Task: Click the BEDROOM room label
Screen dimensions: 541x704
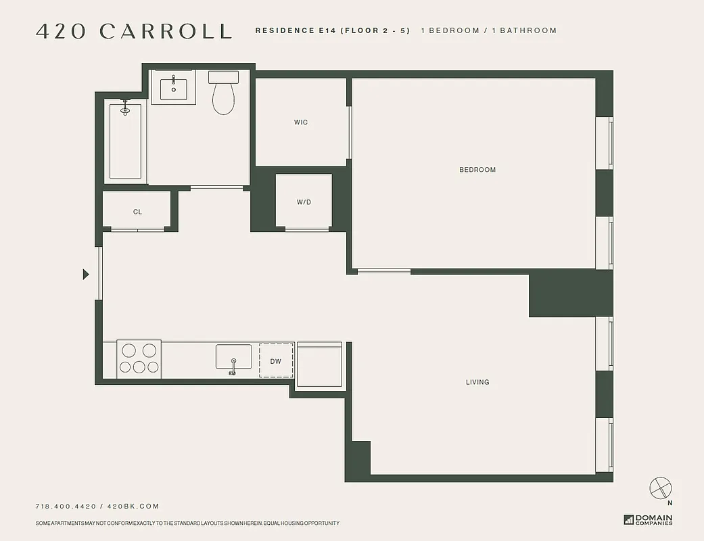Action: (477, 170)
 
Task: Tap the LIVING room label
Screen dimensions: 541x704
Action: (477, 382)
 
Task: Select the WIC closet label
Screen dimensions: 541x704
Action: (301, 122)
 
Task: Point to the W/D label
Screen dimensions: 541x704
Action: (304, 202)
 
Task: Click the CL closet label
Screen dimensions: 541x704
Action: (137, 212)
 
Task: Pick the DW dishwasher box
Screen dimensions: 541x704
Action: (276, 361)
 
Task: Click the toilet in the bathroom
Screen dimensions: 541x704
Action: (223, 93)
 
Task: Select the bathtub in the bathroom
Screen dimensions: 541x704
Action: (125, 141)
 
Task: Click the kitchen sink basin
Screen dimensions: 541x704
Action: (233, 357)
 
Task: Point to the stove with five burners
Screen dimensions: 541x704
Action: (139, 359)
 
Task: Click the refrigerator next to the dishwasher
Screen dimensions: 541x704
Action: (319, 364)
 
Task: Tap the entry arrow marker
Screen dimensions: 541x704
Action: (86, 274)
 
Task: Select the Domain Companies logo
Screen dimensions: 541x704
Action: (648, 519)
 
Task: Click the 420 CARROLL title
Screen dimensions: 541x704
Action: (134, 31)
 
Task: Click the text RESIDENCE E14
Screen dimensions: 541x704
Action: (295, 30)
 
